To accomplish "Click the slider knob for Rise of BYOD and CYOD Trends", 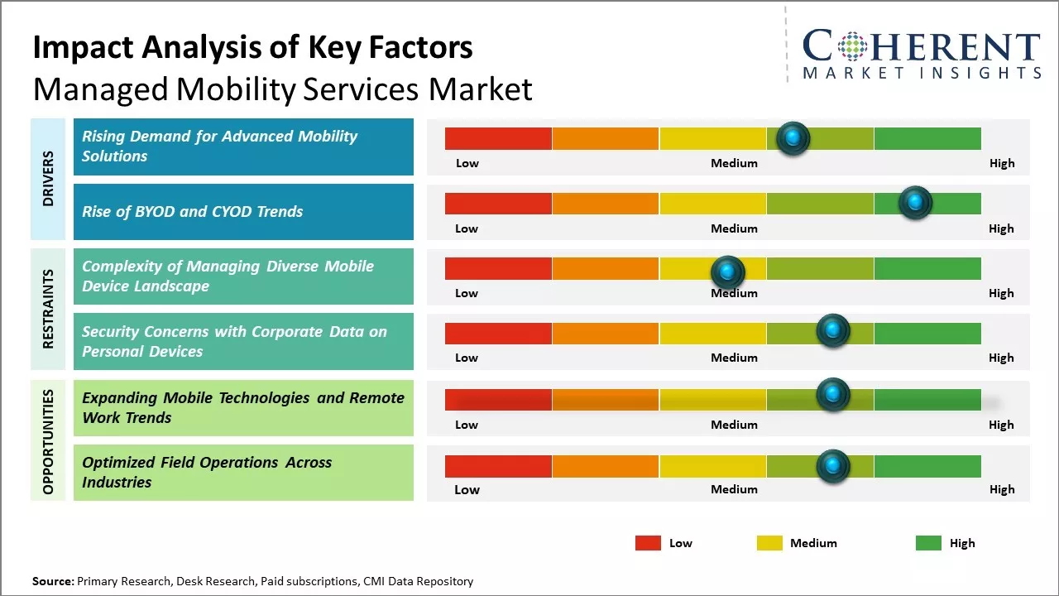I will (915, 202).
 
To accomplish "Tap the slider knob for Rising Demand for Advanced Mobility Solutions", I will (793, 137).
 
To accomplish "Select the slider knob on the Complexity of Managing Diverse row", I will (728, 270).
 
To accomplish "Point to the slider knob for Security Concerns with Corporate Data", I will (833, 330).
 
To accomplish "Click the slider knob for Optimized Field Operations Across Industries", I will (833, 466).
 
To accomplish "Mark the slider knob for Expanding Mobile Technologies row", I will (833, 395).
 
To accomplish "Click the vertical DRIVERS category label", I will (48, 179).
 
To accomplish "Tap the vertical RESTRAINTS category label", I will (48, 309).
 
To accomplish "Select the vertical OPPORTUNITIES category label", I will (48, 441).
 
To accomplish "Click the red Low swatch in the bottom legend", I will (648, 543).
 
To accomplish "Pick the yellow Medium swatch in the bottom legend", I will (769, 543).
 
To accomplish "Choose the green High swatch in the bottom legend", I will (928, 543).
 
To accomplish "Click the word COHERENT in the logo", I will (921, 46).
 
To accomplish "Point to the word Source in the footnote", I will (53, 582).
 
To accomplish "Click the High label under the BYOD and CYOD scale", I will (1001, 228).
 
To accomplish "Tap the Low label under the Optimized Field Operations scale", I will (467, 489).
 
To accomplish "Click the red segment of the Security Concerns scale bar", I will (498, 334).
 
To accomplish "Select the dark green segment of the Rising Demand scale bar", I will (927, 139).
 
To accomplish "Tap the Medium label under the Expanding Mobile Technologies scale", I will (734, 425).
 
